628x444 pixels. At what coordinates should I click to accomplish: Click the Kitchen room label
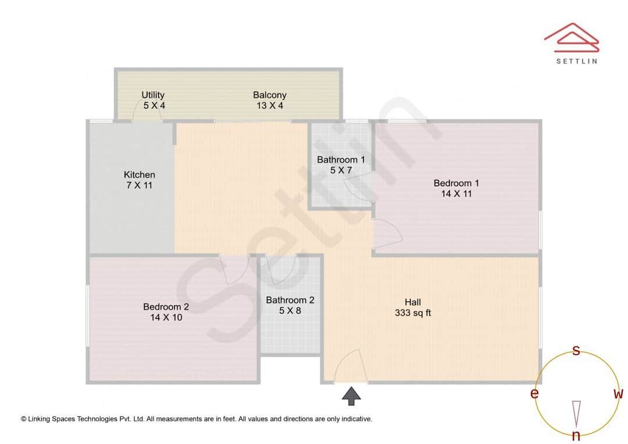pos(140,174)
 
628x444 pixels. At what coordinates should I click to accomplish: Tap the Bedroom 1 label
pos(456,184)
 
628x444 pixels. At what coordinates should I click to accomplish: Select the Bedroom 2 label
pos(166,307)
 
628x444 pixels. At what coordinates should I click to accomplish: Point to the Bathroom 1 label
pos(341,160)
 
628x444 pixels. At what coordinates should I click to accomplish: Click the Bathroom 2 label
pos(290,300)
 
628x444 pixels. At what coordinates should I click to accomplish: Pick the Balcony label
pos(270,95)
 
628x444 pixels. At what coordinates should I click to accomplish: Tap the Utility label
pos(153,95)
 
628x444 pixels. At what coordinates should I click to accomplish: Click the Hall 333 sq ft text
pos(413,307)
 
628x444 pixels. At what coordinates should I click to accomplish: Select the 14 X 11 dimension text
pos(456,194)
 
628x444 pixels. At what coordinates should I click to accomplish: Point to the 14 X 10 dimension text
pos(166,317)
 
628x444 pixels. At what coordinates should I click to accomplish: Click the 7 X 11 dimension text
pos(140,185)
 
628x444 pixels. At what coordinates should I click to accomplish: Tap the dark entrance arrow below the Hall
pos(351,396)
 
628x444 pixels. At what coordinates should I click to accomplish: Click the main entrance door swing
pos(350,366)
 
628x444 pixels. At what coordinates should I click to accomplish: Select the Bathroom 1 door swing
pos(358,188)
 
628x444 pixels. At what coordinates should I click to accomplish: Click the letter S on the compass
pos(576,350)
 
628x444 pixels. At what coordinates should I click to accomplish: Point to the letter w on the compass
pos(618,394)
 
